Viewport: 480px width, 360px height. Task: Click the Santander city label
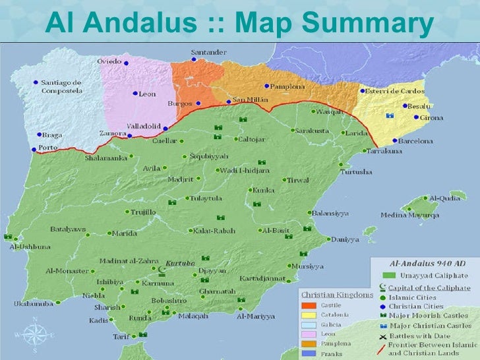click(x=209, y=52)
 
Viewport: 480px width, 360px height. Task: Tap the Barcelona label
click(x=414, y=141)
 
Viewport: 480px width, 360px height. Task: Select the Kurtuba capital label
click(x=180, y=262)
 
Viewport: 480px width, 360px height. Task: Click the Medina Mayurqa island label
click(x=409, y=215)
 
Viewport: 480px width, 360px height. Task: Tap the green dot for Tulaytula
click(x=187, y=198)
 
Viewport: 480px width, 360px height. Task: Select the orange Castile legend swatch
click(x=308, y=305)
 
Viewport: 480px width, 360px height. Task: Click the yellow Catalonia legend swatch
click(x=308, y=315)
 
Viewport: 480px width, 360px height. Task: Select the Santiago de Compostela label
click(x=61, y=86)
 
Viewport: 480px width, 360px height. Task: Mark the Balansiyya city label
click(x=330, y=213)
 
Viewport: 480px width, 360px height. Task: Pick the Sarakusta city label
click(x=314, y=131)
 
